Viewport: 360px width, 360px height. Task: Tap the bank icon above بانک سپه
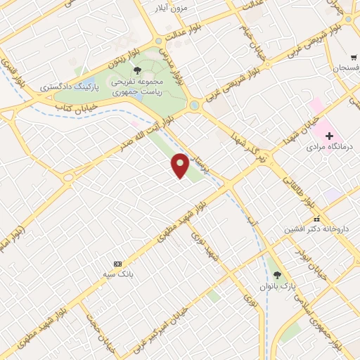(117, 262)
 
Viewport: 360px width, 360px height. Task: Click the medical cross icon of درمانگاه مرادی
(329, 135)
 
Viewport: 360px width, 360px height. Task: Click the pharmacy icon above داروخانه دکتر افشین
(317, 218)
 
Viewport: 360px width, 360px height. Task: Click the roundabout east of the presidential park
(195, 106)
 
